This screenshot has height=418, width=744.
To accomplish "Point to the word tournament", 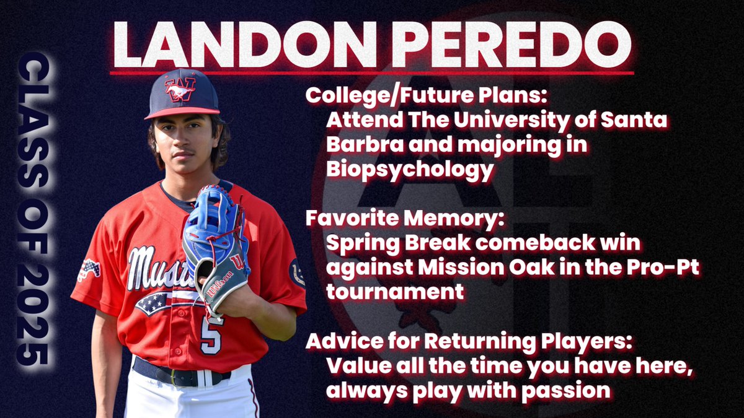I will click(395, 291).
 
